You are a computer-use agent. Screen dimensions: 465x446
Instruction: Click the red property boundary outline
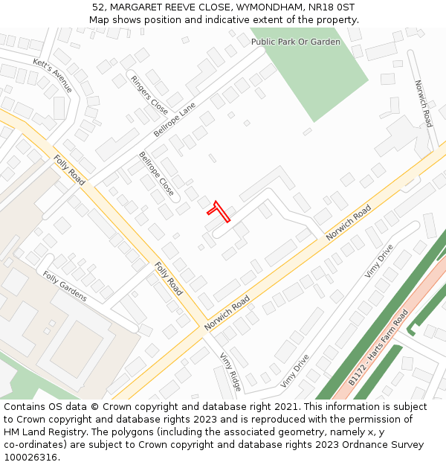pyautogui.click(x=219, y=211)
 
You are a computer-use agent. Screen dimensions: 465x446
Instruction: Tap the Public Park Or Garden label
pyautogui.click(x=295, y=42)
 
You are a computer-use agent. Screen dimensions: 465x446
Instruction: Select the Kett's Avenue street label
pyautogui.click(x=53, y=74)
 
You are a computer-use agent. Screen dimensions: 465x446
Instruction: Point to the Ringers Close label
pyautogui.click(x=149, y=94)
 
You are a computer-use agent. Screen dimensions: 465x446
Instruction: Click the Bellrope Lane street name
pyautogui.click(x=174, y=119)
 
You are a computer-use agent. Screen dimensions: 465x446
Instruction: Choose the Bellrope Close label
pyautogui.click(x=156, y=174)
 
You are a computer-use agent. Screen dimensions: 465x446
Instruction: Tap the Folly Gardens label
pyautogui.click(x=65, y=286)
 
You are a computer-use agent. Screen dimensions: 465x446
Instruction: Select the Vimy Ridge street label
pyautogui.click(x=230, y=371)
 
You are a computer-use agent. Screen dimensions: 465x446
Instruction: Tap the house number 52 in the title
pyautogui.click(x=98, y=7)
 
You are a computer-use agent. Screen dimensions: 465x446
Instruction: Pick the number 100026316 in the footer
pyautogui.click(x=31, y=457)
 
